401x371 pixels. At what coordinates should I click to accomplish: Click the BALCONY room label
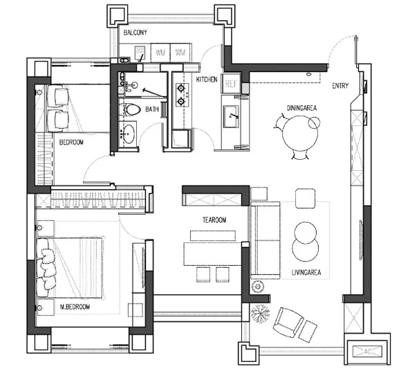click(135, 33)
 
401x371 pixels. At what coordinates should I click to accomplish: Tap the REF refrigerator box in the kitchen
click(231, 84)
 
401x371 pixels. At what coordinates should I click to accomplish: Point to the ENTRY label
click(340, 86)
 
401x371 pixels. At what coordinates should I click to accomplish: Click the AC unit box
click(367, 351)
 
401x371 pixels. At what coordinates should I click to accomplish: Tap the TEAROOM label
click(214, 220)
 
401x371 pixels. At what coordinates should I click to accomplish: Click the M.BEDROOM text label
click(75, 307)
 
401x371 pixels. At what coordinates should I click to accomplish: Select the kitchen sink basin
click(231, 116)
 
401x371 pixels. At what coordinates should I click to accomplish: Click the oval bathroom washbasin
click(128, 134)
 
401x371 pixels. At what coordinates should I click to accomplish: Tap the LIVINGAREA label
click(306, 273)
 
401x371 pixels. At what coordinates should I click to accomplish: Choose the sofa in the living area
click(265, 240)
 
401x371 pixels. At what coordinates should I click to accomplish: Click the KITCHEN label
click(207, 80)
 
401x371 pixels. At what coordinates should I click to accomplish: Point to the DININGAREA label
click(301, 108)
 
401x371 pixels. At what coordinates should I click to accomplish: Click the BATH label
click(152, 109)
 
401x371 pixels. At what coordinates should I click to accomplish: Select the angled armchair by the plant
click(288, 322)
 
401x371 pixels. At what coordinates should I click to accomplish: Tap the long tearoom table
click(212, 254)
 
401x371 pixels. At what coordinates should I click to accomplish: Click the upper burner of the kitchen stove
click(181, 89)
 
